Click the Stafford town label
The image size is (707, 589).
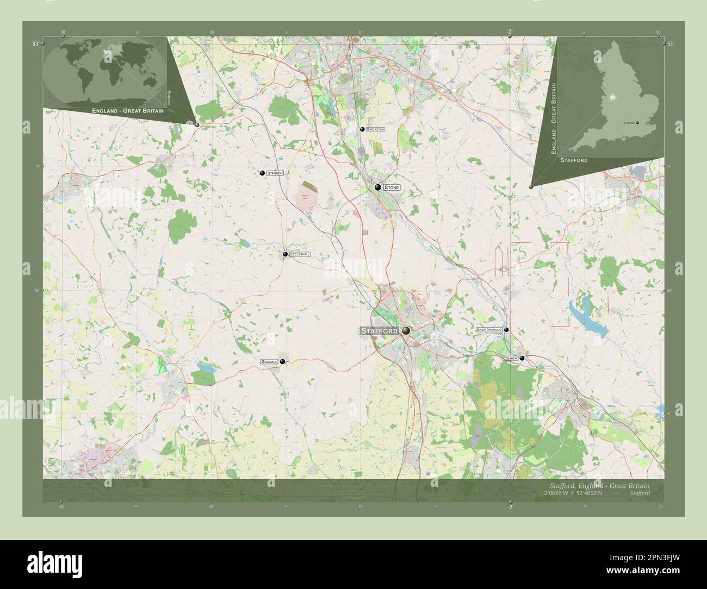pyautogui.click(x=380, y=330)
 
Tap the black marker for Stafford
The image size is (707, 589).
pyautogui.click(x=406, y=330)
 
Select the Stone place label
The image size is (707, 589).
pyautogui.click(x=392, y=187)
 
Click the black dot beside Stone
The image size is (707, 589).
pyautogui.click(x=377, y=187)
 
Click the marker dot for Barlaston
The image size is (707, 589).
pyautogui.click(x=362, y=129)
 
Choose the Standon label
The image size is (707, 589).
pyautogui.click(x=275, y=173)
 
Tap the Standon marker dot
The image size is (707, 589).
pyautogui.click(x=262, y=173)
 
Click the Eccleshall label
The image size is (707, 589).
pyautogui.click(x=300, y=254)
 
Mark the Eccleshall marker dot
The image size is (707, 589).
pyautogui.click(x=285, y=254)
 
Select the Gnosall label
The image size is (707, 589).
pyautogui.click(x=269, y=361)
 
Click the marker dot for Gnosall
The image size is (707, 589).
pyautogui.click(x=282, y=361)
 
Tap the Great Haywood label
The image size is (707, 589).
pyautogui.click(x=489, y=330)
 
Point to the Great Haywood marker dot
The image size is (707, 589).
pyautogui.click(x=506, y=330)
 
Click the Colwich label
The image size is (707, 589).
pyautogui.click(x=510, y=358)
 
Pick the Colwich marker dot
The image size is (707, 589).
pyautogui.click(x=522, y=358)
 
